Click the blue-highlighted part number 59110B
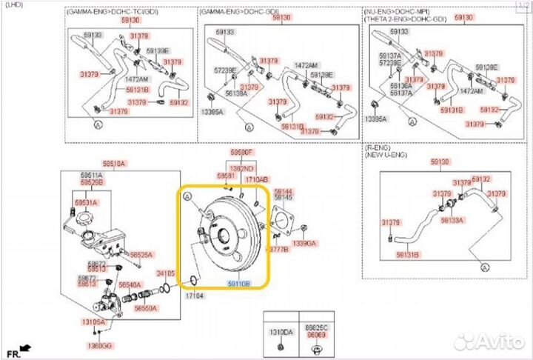click(238, 284)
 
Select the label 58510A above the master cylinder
click(114, 163)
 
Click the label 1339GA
click(304, 242)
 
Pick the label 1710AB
click(257, 179)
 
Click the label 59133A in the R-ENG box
click(452, 220)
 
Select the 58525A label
click(141, 255)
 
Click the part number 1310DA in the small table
click(280, 332)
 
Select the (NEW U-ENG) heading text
click(389, 156)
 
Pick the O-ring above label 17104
click(190, 279)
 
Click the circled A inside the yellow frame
click(187, 196)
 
